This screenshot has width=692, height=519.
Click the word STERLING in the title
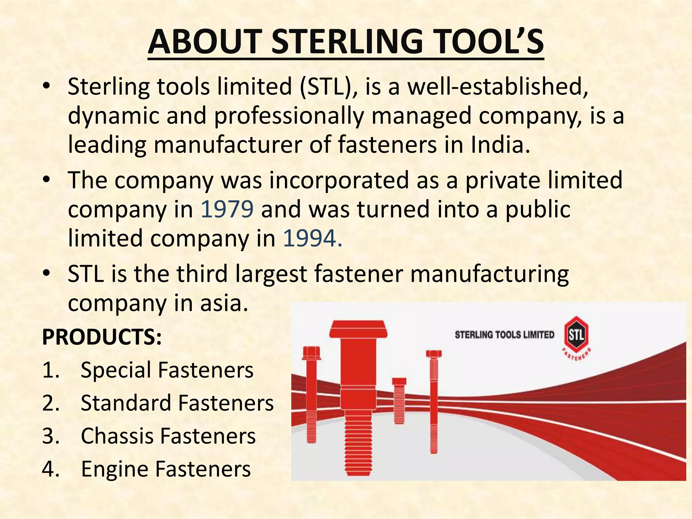pos(347,42)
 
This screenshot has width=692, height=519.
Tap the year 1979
pos(227,209)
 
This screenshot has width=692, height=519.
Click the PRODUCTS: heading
pos(102,337)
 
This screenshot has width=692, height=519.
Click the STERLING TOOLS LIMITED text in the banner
pos(504,335)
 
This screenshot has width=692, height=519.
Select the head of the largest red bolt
pos(358,329)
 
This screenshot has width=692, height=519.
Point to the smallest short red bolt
pos(399,400)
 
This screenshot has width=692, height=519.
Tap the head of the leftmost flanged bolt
pos(311,353)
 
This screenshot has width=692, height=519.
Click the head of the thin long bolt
pos(434,354)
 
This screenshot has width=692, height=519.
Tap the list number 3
pos(51,436)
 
